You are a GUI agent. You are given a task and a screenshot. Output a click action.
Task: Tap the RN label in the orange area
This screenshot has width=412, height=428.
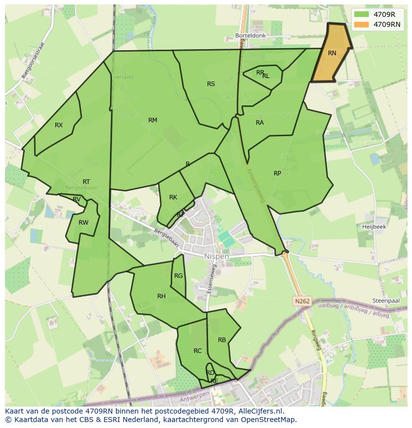(x=332, y=53)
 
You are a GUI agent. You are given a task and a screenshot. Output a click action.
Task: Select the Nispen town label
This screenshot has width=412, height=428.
(x=216, y=257)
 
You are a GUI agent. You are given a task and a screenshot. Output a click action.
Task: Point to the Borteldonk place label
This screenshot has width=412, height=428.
(x=251, y=36)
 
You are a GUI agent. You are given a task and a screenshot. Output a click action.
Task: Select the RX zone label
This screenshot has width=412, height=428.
(x=59, y=125)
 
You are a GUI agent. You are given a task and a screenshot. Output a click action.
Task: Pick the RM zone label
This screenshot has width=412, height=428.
(x=153, y=120)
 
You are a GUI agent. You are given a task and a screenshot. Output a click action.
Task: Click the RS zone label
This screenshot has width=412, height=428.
(x=211, y=84)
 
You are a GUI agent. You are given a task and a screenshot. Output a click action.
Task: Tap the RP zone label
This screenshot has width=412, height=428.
(x=278, y=173)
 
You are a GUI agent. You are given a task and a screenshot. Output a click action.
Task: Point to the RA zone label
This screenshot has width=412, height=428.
(x=260, y=123)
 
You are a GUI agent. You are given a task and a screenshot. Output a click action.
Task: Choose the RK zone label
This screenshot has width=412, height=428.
(x=173, y=197)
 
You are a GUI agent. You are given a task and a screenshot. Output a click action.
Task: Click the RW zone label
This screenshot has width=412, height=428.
(x=83, y=223)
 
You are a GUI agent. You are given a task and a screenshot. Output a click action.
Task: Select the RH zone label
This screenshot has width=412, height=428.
(x=161, y=296)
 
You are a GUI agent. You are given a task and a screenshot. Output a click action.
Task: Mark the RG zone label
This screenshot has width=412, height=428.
(x=178, y=276)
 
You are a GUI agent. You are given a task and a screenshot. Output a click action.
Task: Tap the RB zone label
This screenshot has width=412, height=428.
(x=222, y=340)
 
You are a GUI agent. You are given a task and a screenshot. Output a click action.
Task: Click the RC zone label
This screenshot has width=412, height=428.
(x=198, y=351)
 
